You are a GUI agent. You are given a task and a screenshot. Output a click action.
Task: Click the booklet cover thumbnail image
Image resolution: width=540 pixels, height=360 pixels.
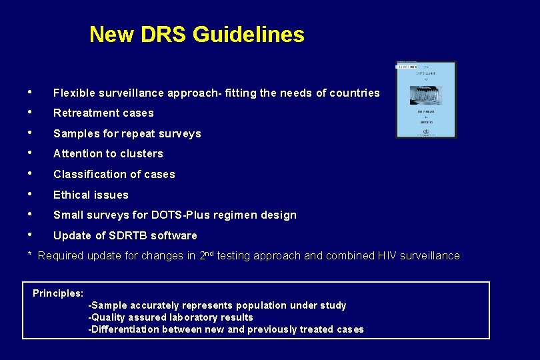tap(426, 99)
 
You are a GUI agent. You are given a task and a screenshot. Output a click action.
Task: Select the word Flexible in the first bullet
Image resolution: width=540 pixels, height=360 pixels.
tap(75, 93)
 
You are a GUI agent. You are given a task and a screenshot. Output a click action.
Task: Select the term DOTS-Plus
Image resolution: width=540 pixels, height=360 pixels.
tap(188, 215)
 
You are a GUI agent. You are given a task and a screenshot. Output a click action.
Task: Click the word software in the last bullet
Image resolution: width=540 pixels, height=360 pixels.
tap(175, 236)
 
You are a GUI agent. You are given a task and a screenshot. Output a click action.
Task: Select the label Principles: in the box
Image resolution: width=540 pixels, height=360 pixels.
tap(58, 293)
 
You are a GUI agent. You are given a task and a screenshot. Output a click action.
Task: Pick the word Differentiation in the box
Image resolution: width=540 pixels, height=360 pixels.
tap(126, 329)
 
